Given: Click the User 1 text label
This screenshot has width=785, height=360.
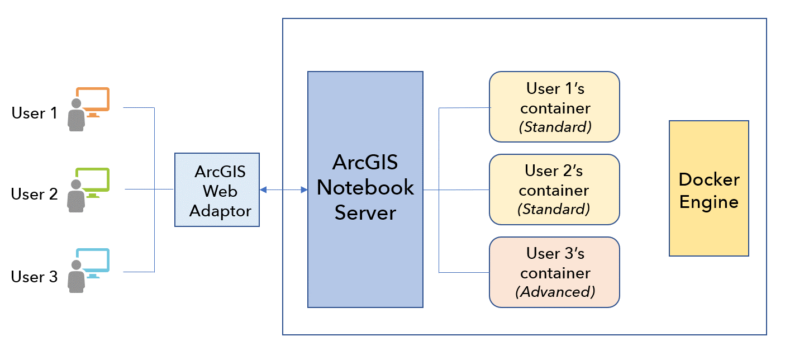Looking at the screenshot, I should [x=34, y=113].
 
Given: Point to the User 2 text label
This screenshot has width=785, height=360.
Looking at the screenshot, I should [x=34, y=195].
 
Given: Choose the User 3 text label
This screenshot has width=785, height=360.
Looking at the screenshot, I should [x=34, y=277].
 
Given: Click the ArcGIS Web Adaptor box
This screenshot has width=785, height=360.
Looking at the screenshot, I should [x=217, y=190].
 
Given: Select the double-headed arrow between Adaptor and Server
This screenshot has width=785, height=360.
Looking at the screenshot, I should [x=283, y=190].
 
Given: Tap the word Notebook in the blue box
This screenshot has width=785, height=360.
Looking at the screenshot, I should [x=365, y=187].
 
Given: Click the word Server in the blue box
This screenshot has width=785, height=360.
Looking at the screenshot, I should [x=365, y=212].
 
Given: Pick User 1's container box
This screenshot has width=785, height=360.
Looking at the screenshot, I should [x=554, y=106].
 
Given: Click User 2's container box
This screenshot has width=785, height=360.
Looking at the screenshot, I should [x=554, y=189].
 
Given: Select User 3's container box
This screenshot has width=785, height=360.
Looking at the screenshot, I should [x=554, y=272].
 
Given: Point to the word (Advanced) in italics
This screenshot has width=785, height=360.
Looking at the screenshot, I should [x=555, y=292].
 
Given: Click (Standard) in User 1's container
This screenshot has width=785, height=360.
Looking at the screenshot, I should [x=555, y=127].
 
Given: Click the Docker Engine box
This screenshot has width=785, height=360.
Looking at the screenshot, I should [x=708, y=188].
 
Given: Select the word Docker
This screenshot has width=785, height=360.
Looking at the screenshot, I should [x=708, y=179].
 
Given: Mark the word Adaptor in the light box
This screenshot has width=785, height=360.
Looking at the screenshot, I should [x=220, y=211].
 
